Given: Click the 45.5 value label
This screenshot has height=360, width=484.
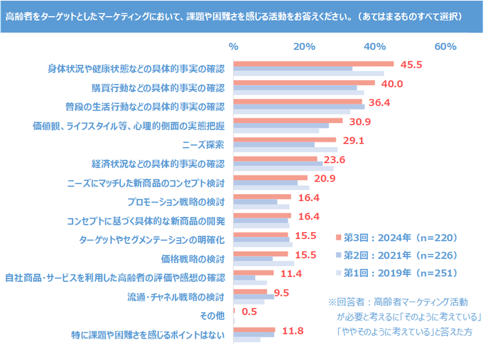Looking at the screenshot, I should [x=411, y=65].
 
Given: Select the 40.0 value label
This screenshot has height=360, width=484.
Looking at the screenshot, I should [x=391, y=84].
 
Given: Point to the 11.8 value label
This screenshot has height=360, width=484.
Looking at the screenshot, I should [x=292, y=330].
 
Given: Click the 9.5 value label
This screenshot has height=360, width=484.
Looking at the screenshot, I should [x=281, y=292].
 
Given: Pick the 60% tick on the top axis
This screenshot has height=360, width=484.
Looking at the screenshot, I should [x=445, y=46].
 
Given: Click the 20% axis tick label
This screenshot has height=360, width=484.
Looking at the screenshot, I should [x=304, y=46].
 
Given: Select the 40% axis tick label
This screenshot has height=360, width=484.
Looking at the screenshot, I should [x=375, y=46].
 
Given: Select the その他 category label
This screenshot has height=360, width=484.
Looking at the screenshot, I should [x=212, y=316].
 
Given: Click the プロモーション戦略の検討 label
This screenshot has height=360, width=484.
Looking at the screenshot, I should [x=176, y=202].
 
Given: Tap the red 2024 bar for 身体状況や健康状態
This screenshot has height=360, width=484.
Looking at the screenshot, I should [x=314, y=64].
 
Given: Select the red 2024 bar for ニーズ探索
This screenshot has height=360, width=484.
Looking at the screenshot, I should [x=285, y=140].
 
